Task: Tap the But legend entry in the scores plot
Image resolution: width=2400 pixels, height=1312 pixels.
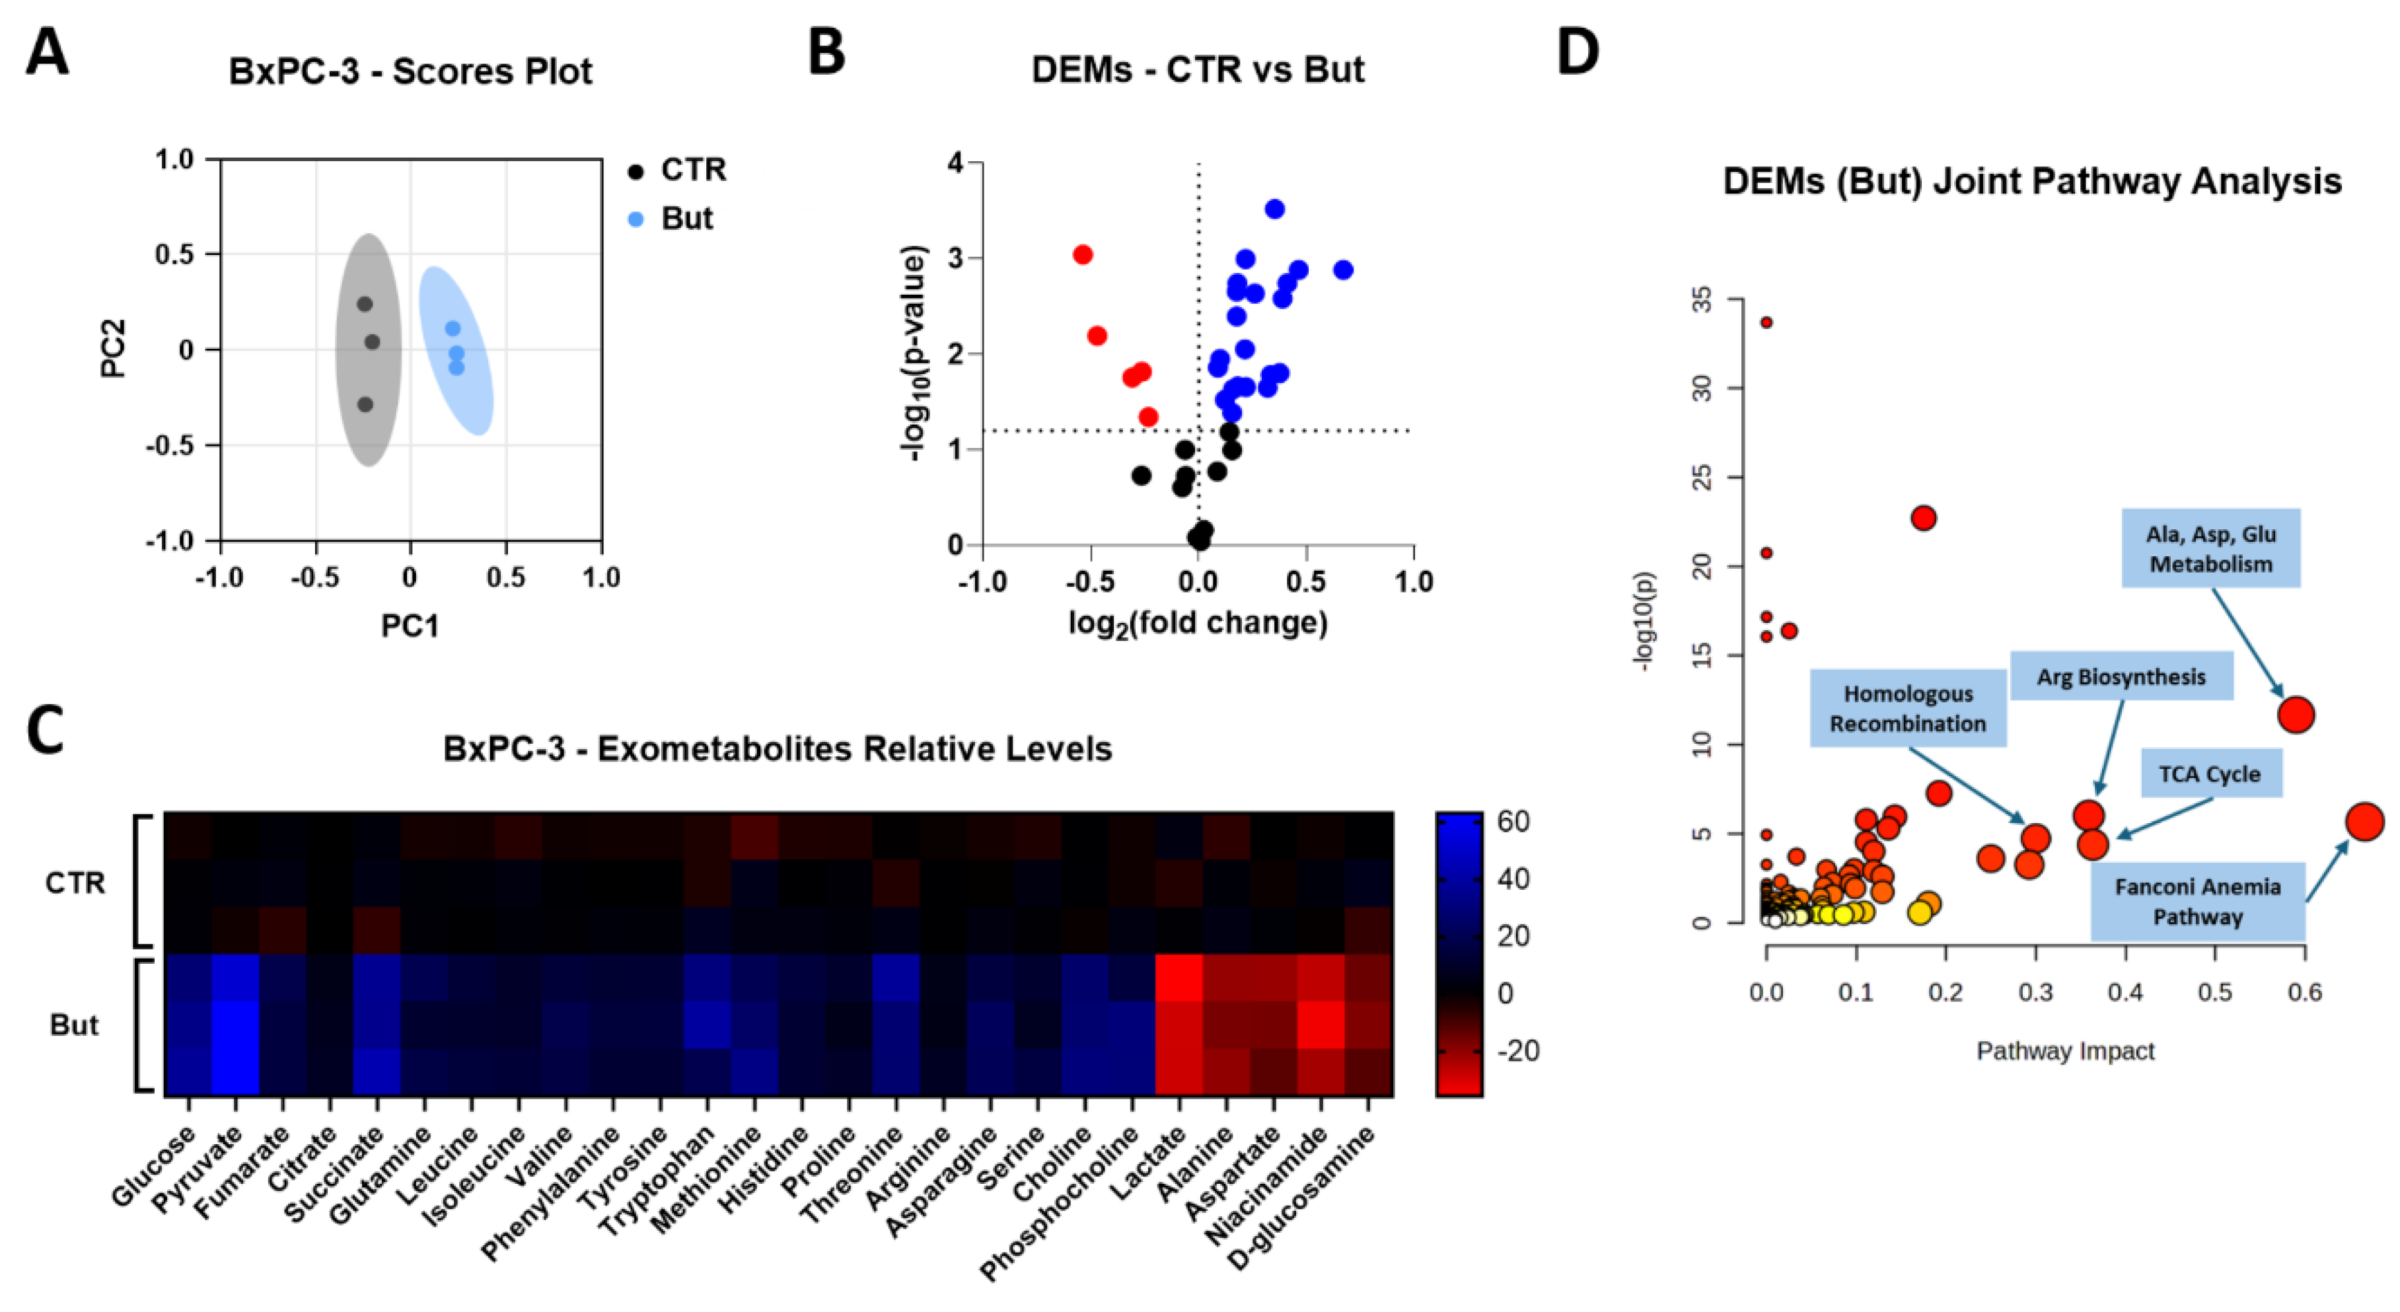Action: [x=686, y=219]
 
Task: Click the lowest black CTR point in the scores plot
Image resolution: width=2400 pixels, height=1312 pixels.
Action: [x=365, y=404]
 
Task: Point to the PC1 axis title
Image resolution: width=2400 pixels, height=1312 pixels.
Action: [x=410, y=626]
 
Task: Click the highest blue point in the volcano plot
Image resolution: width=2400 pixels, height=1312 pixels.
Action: [x=1274, y=209]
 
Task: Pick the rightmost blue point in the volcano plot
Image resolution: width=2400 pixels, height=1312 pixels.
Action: [x=1342, y=270]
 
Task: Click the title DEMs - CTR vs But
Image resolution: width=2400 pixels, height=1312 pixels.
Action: [x=1197, y=70]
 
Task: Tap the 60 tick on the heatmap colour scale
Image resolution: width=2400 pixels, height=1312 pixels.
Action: [x=1513, y=822]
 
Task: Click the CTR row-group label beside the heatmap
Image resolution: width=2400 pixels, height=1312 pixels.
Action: [x=75, y=883]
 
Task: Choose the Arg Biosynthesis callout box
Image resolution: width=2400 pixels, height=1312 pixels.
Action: [x=2121, y=676]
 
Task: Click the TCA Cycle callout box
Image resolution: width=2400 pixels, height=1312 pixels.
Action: [x=2210, y=774]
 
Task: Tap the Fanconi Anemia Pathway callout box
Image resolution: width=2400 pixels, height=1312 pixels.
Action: [x=2197, y=901]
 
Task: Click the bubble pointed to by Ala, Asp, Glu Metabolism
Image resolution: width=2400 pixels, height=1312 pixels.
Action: [x=2296, y=715]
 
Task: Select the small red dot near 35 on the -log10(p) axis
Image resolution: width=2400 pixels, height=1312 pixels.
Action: [x=1766, y=322]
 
